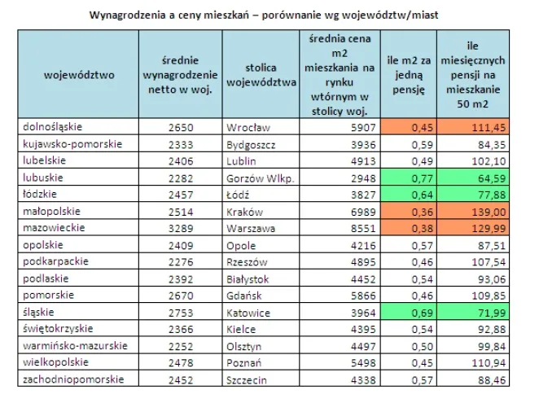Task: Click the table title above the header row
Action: coord(269,15)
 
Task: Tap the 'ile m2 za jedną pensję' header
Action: coord(409,75)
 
